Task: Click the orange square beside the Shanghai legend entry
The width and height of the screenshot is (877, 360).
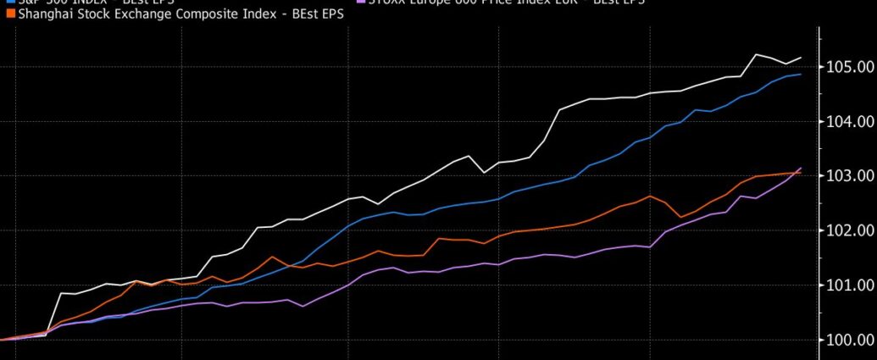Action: click(x=9, y=15)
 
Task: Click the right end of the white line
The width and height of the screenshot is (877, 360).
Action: click(x=801, y=58)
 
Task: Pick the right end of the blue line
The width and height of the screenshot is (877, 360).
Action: click(x=801, y=75)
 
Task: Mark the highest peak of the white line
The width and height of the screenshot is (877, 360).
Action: click(x=755, y=54)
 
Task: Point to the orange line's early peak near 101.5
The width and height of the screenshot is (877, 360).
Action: click(x=272, y=257)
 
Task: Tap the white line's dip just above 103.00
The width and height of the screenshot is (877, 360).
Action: click(x=484, y=173)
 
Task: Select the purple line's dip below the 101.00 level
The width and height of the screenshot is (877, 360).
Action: click(x=303, y=306)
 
